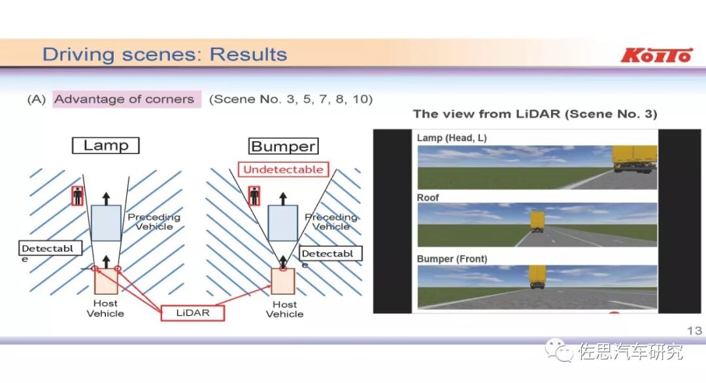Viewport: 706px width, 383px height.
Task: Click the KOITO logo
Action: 656,55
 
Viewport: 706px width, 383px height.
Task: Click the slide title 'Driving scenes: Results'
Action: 165,54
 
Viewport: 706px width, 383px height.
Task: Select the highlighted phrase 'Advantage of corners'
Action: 125,99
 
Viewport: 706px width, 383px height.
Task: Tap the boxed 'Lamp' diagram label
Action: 106,146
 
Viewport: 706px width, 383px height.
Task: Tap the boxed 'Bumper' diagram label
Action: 284,146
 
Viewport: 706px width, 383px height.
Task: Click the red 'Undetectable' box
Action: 283,170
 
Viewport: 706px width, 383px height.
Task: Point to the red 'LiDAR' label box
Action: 193,312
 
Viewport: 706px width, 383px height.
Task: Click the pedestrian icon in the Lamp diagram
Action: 78,195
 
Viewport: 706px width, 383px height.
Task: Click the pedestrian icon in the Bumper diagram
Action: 254,195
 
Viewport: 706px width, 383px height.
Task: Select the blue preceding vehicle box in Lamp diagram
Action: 106,223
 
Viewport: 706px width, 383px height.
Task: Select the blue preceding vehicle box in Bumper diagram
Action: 283,223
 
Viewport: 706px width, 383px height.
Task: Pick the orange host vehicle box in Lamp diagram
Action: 106,282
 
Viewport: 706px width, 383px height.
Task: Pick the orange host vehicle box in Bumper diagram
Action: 283,282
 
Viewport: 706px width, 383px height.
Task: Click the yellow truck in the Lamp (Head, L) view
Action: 633,159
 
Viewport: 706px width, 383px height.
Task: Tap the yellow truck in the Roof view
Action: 537,222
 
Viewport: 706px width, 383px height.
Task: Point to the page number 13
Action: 694,331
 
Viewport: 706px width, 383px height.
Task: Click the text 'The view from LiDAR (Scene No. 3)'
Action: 535,114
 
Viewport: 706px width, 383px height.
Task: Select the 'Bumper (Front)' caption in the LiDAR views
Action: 452,259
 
